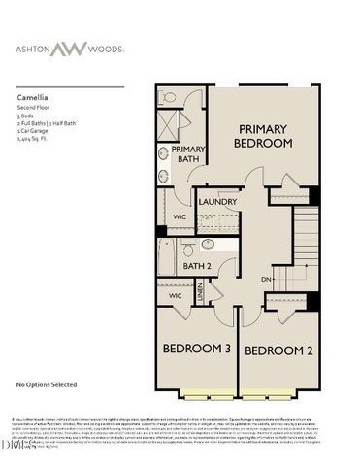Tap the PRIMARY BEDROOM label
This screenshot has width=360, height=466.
point(262,135)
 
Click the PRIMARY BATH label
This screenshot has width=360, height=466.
point(187,153)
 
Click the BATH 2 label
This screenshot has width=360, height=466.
point(197,266)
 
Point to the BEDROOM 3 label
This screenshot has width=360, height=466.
point(195,349)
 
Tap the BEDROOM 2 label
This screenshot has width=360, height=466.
point(276,349)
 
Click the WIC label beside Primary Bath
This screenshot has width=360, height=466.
point(180,216)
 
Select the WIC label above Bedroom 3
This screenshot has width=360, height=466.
point(175,295)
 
